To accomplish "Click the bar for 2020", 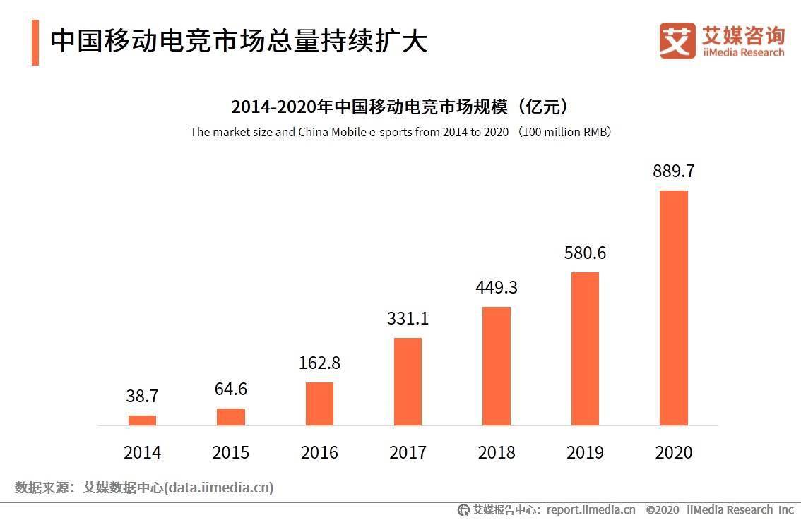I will pos(673,308).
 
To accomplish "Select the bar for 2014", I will pos(142,421).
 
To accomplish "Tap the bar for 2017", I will pos(408,382).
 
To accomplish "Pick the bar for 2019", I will pos(585,349).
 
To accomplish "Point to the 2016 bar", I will pos(319,404).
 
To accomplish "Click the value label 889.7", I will pos(673,171).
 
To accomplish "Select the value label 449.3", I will pos(496,287).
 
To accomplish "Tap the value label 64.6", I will pos(230,389).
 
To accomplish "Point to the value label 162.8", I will pos(319,363).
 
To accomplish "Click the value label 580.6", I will pos(585,253).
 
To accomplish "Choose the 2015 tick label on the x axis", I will pos(230,452).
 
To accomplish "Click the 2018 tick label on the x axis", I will pos(496,452).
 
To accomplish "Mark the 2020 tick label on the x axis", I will pos(673,452).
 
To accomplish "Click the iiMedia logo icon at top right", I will pos(677,41).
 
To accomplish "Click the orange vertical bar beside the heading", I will pos(35,42).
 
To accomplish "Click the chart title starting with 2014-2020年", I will pos(400,107).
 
